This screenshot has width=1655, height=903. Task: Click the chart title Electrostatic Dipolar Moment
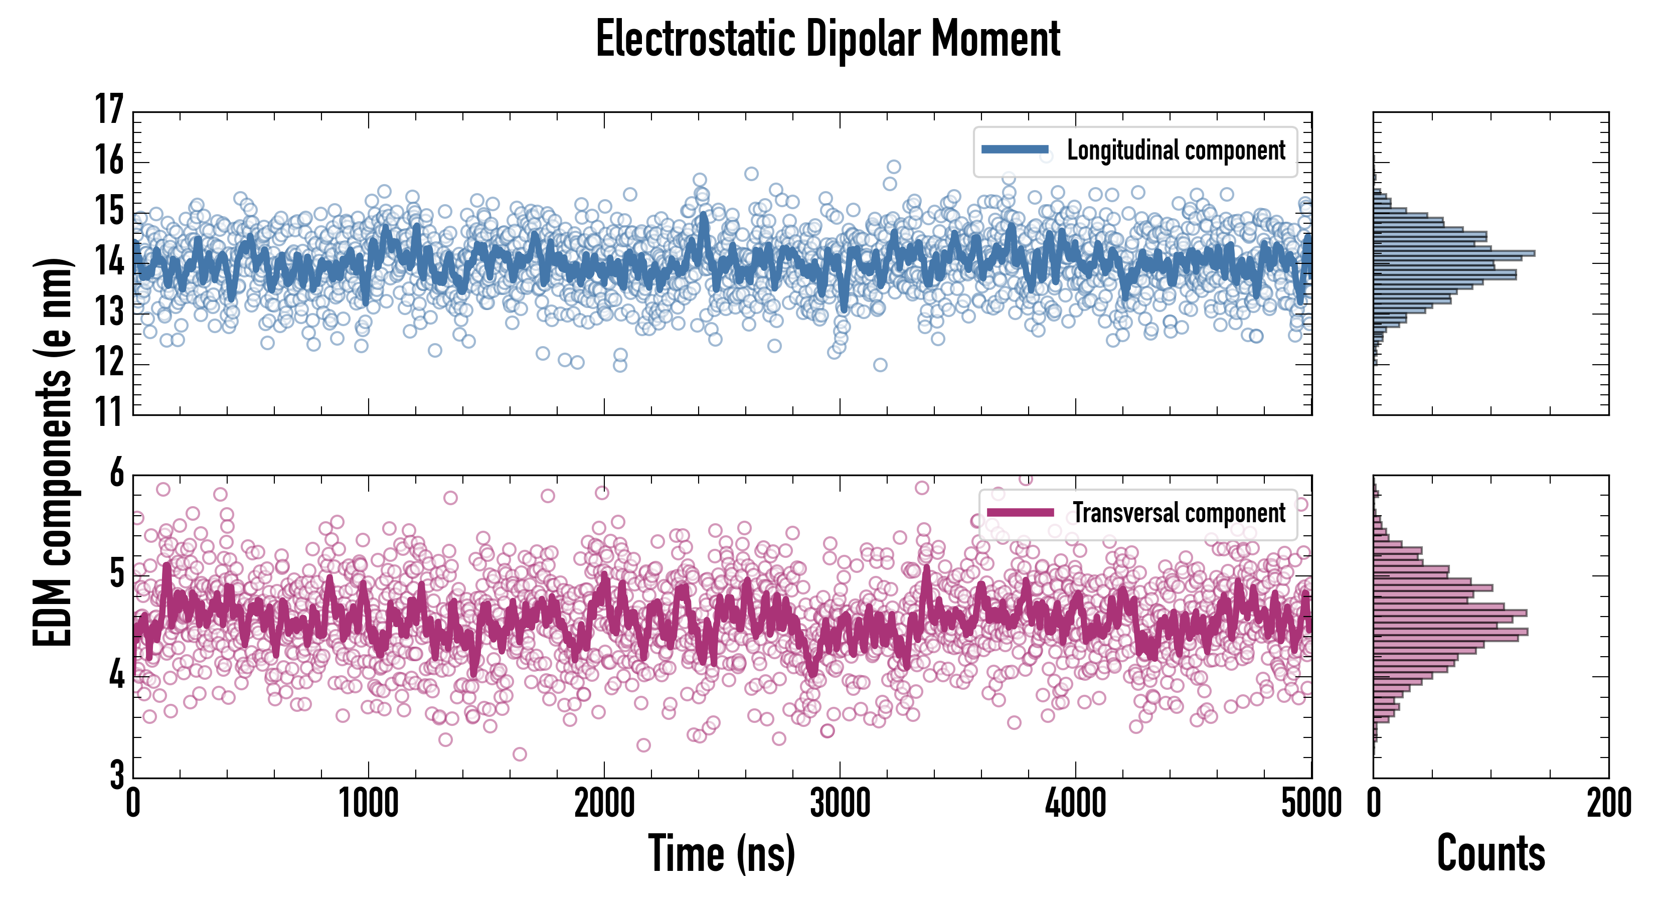coord(827,40)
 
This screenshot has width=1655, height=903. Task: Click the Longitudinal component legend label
coord(1176,151)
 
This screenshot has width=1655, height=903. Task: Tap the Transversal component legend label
coord(1179,514)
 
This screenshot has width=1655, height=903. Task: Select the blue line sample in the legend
coord(1015,150)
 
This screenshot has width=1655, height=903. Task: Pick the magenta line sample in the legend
coord(1020,512)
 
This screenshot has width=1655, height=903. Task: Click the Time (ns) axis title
coord(722,853)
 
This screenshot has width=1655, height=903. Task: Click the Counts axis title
coord(1491,853)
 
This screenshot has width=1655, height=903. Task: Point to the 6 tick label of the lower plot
coord(116,474)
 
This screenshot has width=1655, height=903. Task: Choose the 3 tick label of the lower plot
coord(116,775)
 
